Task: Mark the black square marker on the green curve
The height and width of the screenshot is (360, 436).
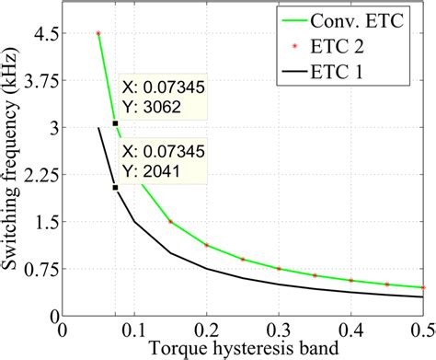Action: [115, 123]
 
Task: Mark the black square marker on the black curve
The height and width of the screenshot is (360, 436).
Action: [115, 187]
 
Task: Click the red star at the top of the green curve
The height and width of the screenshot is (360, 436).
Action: [98, 33]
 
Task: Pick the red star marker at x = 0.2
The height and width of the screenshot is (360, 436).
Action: [207, 245]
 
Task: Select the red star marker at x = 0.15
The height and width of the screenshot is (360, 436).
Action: [170, 222]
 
